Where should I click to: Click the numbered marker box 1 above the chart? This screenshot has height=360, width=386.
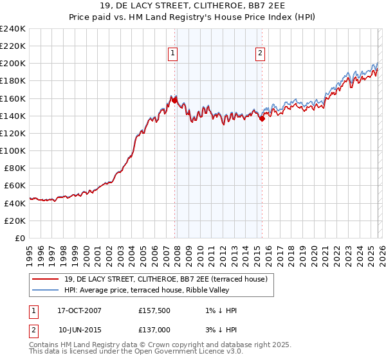tap(174, 54)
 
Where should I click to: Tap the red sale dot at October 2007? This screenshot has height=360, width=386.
tap(174, 100)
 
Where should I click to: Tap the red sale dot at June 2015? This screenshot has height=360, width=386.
tap(262, 118)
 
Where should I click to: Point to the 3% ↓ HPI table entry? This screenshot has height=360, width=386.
tap(219, 328)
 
